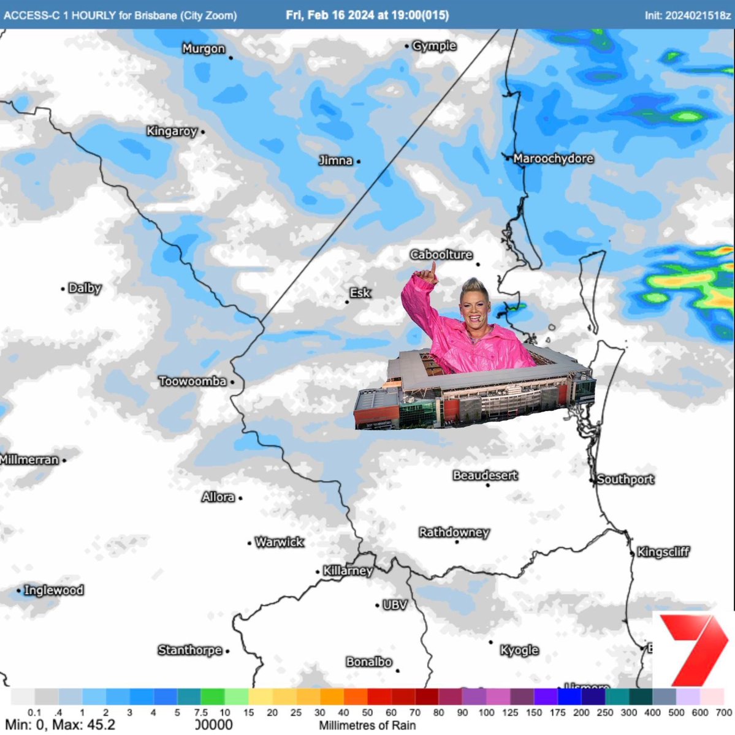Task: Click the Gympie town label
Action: point(434,46)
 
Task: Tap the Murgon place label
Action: point(204,49)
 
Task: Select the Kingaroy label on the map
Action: point(172,131)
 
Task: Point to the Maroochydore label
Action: point(553,159)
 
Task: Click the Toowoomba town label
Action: point(192,382)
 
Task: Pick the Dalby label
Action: point(85,288)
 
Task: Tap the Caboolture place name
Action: point(441,255)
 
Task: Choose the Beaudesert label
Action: point(485,475)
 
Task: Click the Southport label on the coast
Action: point(625,480)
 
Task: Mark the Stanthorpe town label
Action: point(189,650)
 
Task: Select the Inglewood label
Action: point(53,590)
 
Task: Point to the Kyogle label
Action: point(519,650)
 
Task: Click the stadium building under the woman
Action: point(475,392)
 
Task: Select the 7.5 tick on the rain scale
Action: point(200,712)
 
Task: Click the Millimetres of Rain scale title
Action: point(367,725)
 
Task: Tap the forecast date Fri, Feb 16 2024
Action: point(330,15)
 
